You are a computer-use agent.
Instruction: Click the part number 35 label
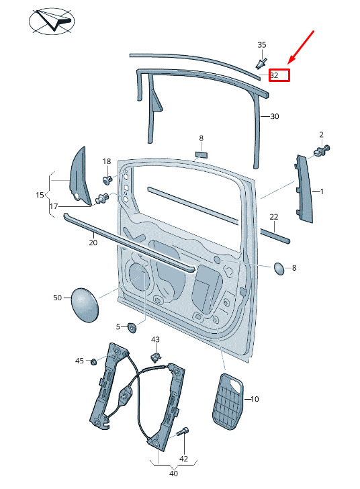coord(262,45)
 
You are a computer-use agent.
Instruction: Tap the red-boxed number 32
coord(274,75)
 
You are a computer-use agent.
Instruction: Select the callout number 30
coord(274,116)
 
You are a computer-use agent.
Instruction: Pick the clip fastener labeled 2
coord(322,151)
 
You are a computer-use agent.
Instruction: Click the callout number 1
coord(322,191)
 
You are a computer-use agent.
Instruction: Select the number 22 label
coord(273,217)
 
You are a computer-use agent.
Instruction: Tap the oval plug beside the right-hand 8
coord(279,269)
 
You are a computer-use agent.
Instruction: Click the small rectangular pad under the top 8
coord(201,154)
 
